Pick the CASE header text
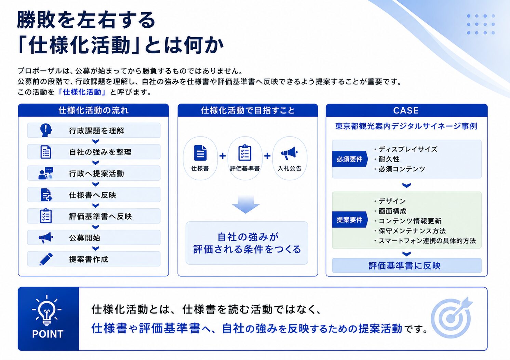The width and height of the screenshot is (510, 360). (x=406, y=111)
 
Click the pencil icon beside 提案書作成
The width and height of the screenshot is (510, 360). (x=46, y=259)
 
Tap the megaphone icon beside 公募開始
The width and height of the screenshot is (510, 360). (x=46, y=238)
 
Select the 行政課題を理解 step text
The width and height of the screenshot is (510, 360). (x=96, y=131)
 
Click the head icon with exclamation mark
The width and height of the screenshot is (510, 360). (x=46, y=130)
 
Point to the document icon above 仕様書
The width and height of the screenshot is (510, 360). (x=200, y=153)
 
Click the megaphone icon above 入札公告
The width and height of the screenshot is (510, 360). (x=289, y=153)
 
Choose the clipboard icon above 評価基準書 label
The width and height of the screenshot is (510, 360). (x=245, y=153)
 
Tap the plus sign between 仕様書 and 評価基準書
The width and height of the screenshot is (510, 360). (x=223, y=156)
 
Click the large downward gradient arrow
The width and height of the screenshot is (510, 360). (x=246, y=204)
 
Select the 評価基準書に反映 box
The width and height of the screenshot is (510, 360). (x=407, y=266)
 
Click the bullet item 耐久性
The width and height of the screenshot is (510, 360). (x=387, y=159)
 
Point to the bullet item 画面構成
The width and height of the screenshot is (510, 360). (x=390, y=211)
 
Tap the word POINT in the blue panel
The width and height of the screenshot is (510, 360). (x=48, y=334)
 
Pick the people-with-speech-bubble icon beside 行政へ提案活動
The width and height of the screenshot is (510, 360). (x=46, y=174)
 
